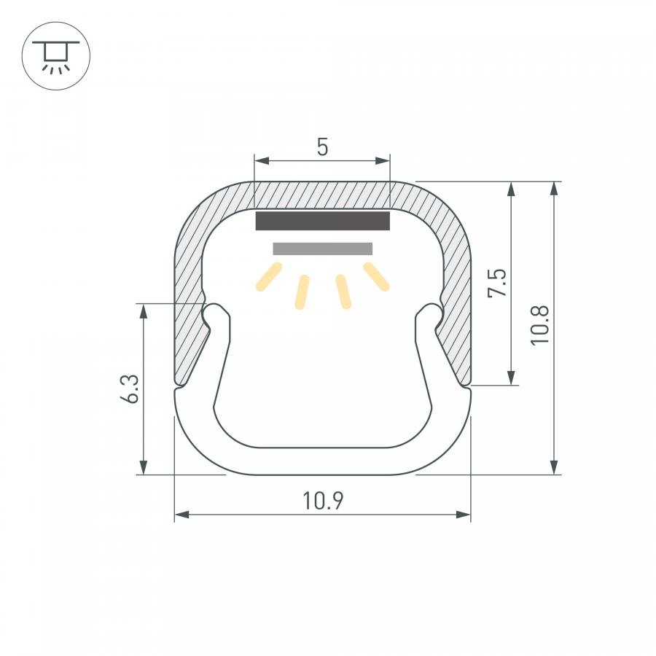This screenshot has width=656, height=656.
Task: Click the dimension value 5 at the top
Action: pos(322,147)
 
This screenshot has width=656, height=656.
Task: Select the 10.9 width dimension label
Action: pos(323,501)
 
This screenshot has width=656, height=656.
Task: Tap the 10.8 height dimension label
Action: pos(539,325)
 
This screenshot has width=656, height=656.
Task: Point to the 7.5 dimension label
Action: pos(497,283)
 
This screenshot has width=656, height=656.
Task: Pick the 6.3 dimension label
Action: pos(129,388)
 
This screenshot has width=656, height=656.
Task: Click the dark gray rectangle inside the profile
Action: pos(323,220)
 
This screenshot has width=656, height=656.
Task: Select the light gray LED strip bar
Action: pos(323,249)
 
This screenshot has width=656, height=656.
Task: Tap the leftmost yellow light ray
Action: pos(268,276)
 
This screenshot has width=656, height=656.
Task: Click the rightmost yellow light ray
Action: pos(377,276)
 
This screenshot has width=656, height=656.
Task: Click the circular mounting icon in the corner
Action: pos(55,55)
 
